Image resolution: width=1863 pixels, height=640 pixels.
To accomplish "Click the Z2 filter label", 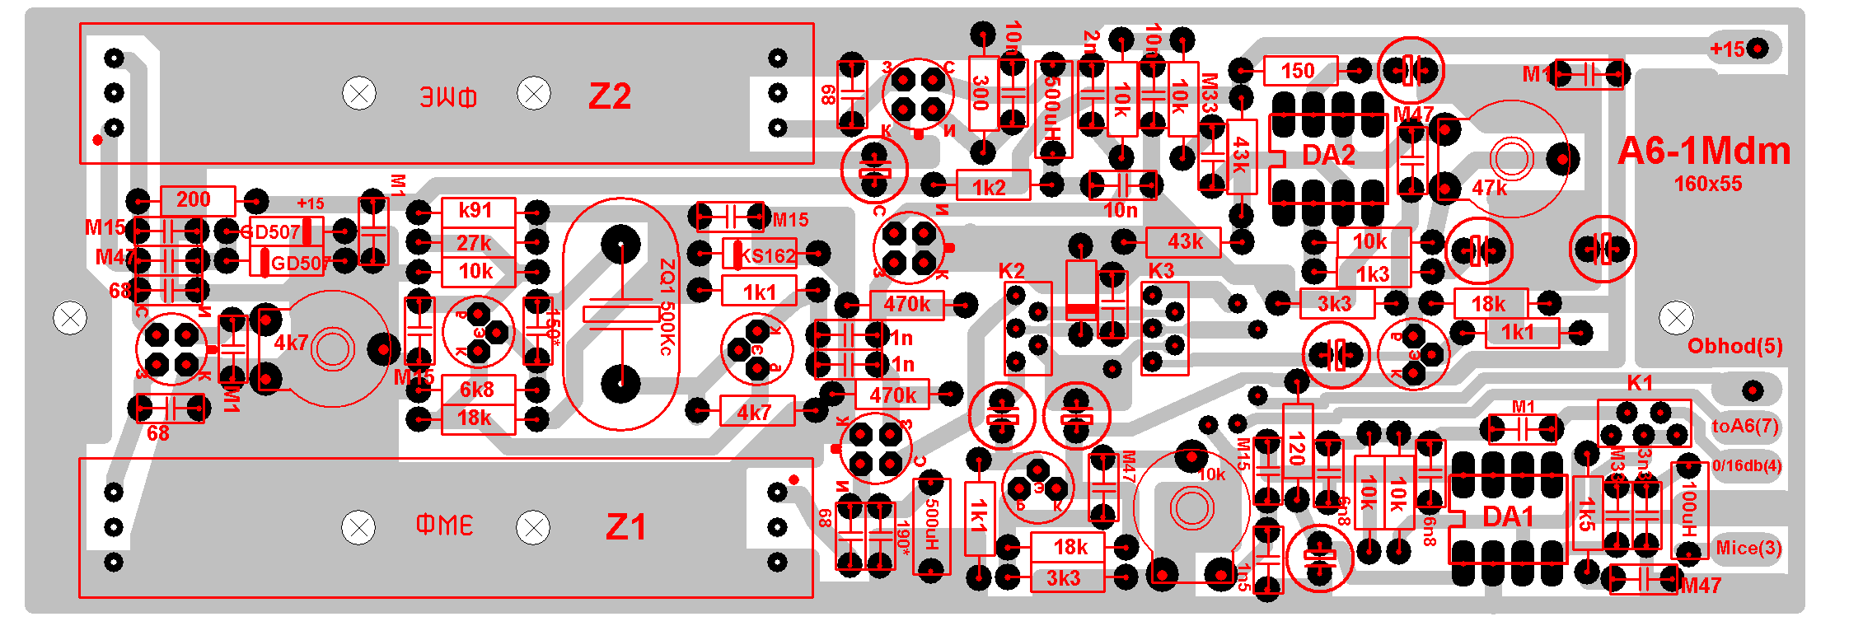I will [x=610, y=96].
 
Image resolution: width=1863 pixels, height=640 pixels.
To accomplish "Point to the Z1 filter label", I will [x=625, y=527].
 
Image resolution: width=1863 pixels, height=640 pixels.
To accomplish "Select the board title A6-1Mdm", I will [x=1703, y=151].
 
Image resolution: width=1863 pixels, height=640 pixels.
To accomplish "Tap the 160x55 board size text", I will [x=1707, y=184].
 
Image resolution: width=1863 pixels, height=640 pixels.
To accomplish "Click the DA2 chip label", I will [x=1328, y=155].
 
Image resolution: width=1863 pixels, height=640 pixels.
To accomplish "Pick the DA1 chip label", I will [x=1508, y=517].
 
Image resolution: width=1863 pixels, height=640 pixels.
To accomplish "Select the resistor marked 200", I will [x=194, y=199].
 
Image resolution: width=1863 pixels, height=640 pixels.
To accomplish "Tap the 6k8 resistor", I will [x=477, y=390].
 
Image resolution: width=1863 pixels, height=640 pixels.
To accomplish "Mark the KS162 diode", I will [x=766, y=255].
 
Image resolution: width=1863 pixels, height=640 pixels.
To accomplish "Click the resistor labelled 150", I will [x=1298, y=71].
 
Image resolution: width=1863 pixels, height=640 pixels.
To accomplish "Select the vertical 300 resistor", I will [x=982, y=92].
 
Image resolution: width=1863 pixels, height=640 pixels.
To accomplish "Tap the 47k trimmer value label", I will [x=1489, y=189].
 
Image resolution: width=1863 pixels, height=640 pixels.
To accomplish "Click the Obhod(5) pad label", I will [x=1734, y=346].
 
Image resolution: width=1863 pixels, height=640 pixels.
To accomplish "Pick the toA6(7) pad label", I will [x=1745, y=426].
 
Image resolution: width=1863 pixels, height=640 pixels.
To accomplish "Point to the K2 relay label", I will [x=1012, y=271].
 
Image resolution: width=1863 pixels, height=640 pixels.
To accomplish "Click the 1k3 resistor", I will [x=1373, y=274].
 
